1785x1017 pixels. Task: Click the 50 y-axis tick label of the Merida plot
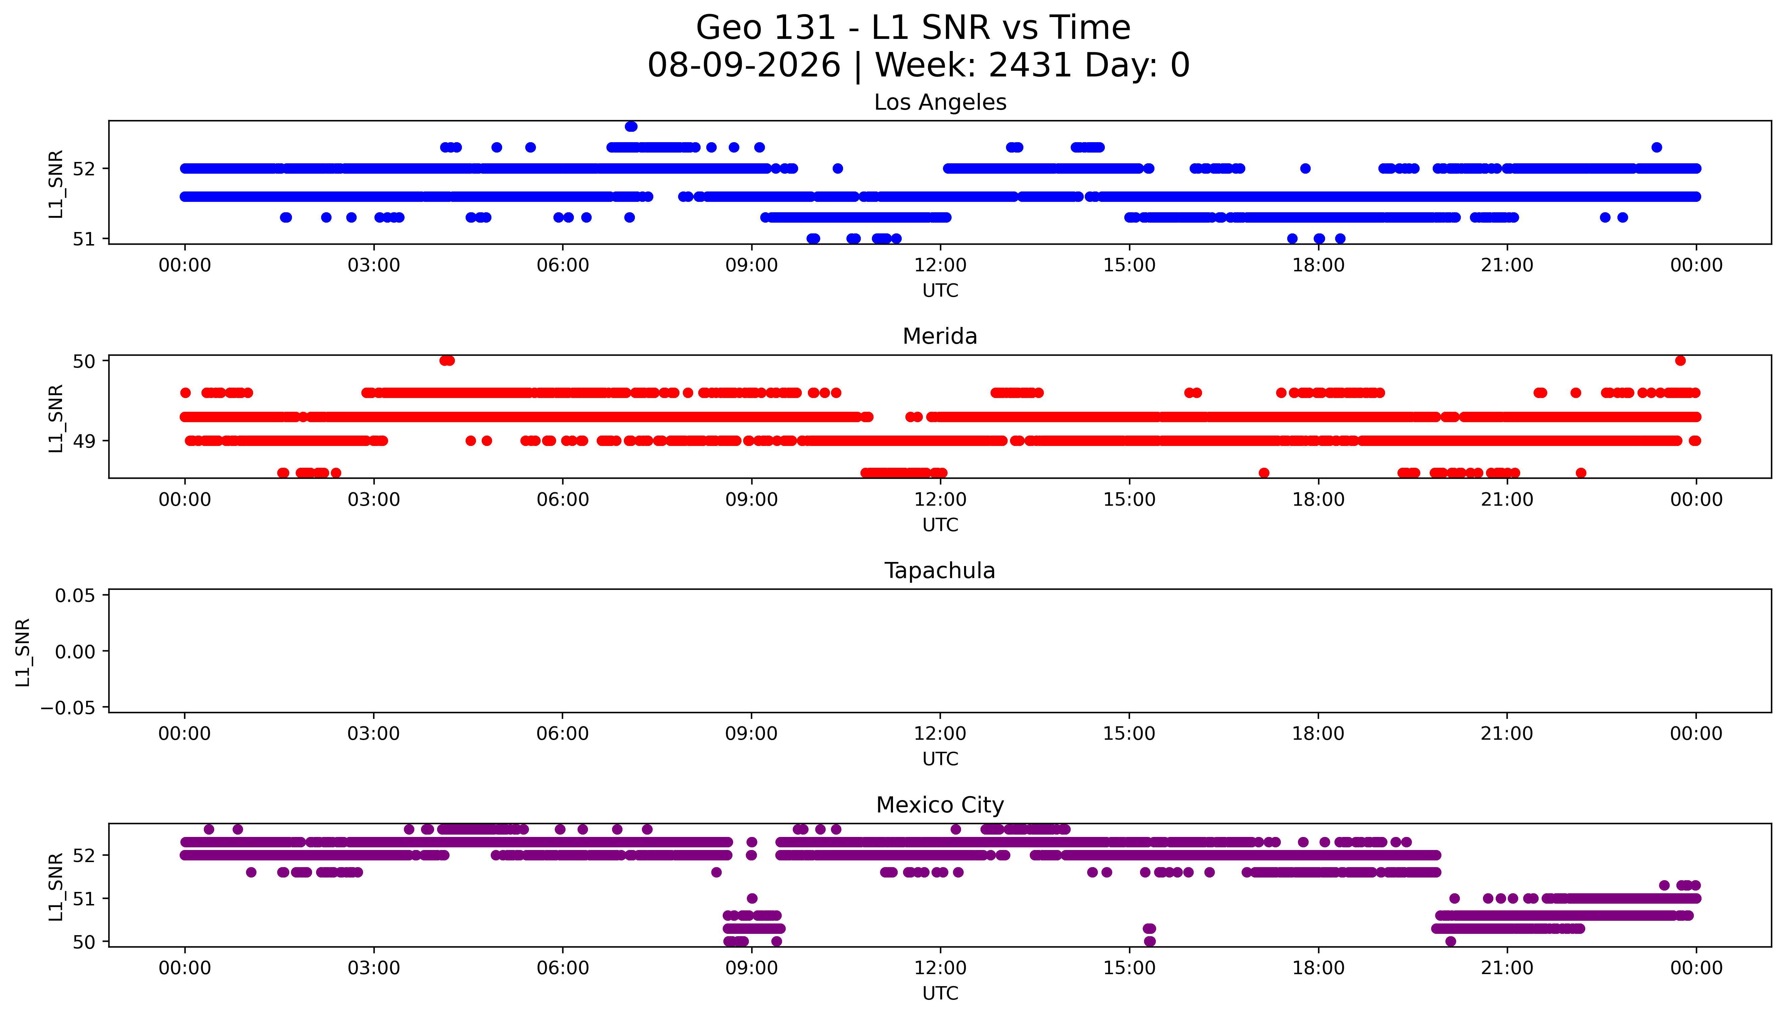(84, 361)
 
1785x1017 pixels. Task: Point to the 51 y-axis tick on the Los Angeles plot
(84, 239)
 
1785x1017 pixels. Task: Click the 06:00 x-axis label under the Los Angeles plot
(563, 266)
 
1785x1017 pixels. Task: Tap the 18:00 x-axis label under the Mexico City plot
(1318, 968)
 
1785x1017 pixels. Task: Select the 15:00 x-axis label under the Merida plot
(1129, 499)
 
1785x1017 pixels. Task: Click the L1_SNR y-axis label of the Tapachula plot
(23, 652)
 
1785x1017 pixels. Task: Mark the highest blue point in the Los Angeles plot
(631, 126)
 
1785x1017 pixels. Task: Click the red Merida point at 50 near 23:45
(1680, 360)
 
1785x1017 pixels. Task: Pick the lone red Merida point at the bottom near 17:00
(1263, 473)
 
